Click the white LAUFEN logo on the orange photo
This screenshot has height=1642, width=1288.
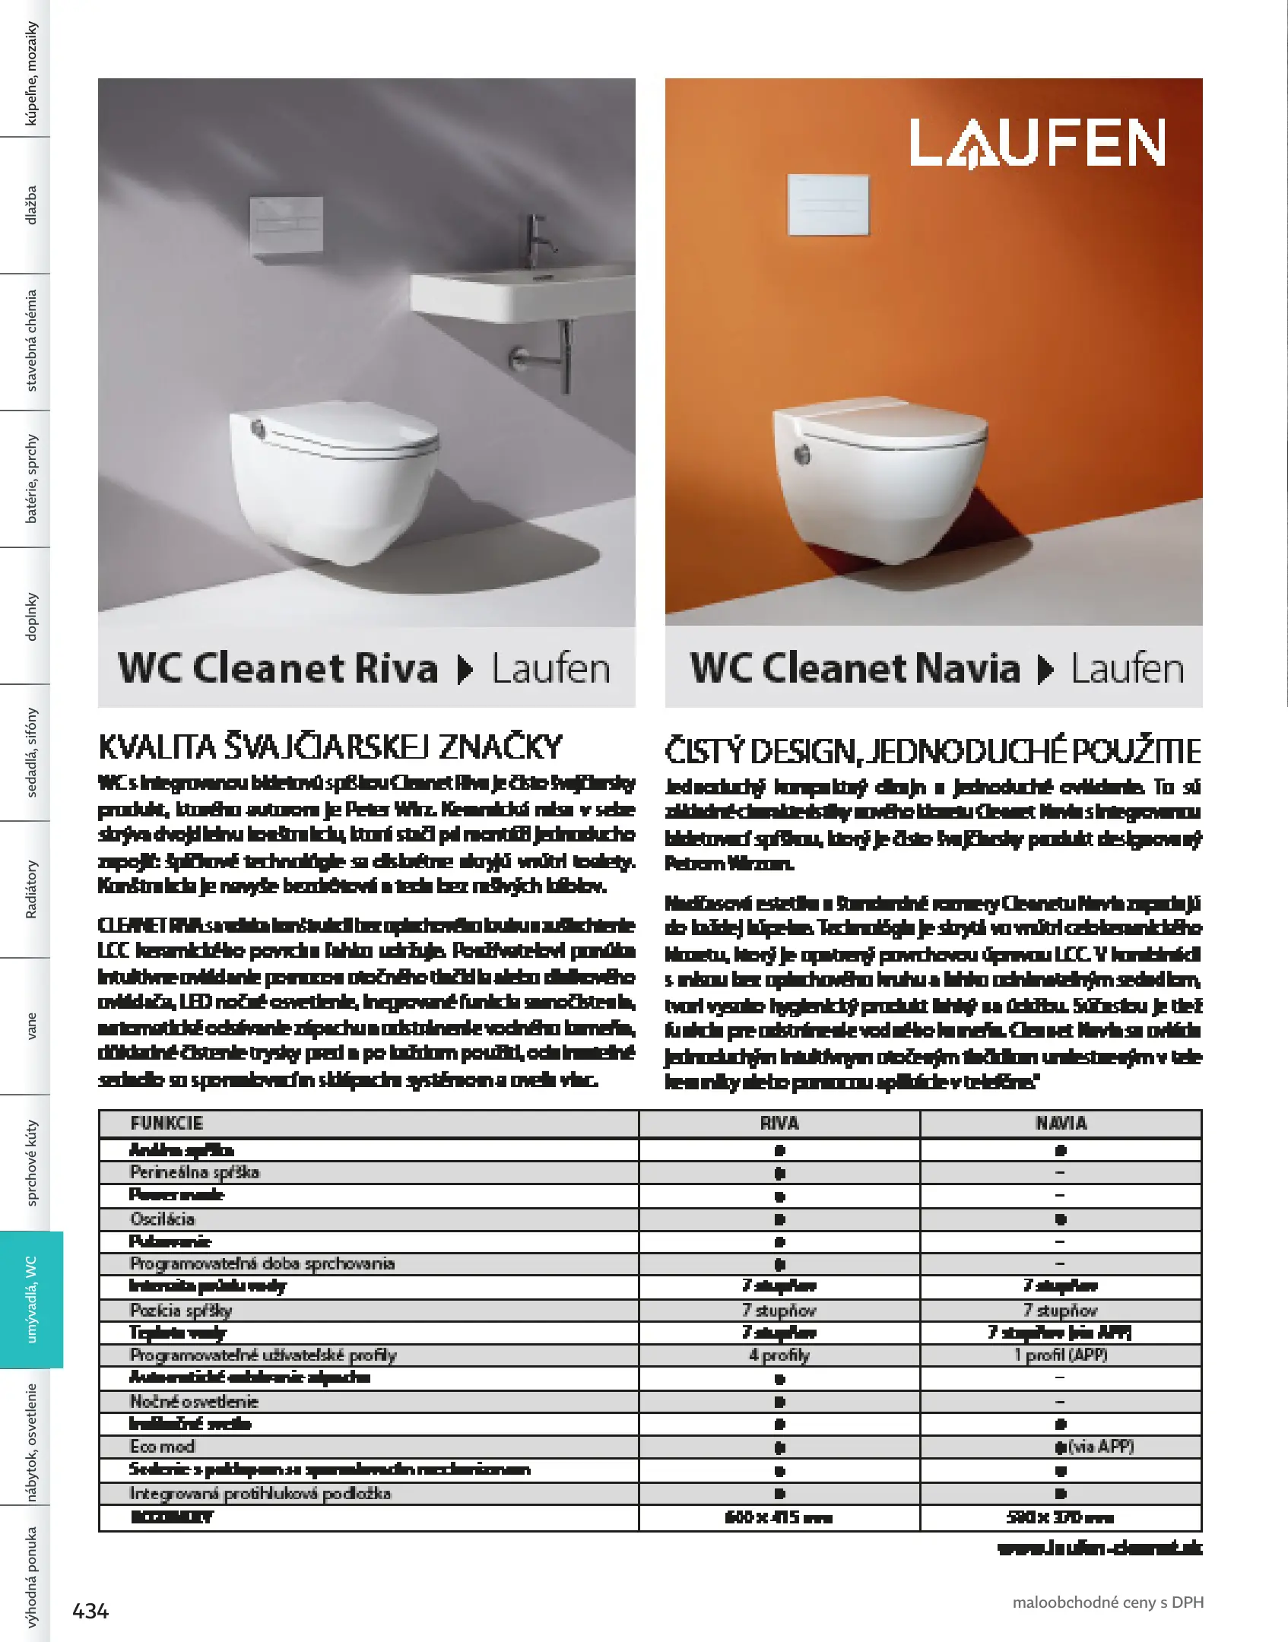[x=1037, y=142]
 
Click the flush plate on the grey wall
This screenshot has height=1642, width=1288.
[x=286, y=224]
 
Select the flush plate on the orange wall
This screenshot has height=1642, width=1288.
[x=828, y=204]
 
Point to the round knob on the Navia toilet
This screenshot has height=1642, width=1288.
[x=802, y=455]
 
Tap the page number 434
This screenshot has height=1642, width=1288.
[x=90, y=1610]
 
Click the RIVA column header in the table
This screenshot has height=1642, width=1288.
[x=779, y=1124]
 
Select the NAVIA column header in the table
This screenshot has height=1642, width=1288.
[x=1061, y=1124]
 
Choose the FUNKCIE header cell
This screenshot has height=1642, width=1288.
[x=167, y=1124]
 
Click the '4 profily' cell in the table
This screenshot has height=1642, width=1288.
[x=779, y=1355]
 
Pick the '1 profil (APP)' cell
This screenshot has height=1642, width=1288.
[x=1061, y=1355]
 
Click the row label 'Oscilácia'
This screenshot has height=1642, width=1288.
[x=163, y=1219]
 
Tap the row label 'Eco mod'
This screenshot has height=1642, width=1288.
[x=162, y=1446]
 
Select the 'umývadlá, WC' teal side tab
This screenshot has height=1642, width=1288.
[x=31, y=1299]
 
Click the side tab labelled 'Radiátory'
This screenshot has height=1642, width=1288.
[x=31, y=889]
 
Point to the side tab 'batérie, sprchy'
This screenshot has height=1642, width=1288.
[x=31, y=478]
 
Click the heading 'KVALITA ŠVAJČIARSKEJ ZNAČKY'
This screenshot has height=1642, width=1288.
[x=330, y=747]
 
